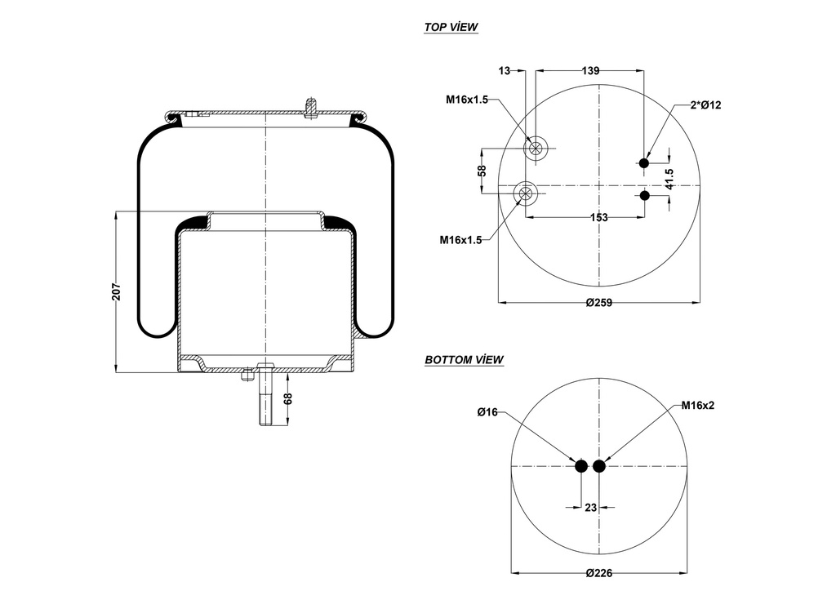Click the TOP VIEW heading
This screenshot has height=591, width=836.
coord(451,27)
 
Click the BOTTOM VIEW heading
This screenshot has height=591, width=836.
coord(464,359)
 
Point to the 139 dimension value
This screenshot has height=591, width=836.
coord(593,71)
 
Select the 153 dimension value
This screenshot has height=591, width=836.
coord(598,217)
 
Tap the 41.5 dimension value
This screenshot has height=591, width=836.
coord(669,180)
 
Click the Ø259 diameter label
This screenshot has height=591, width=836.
coord(599,303)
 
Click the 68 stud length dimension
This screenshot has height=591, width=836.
coord(287,399)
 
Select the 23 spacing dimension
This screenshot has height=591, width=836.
coord(591,507)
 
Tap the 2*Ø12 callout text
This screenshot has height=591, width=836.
coord(706,104)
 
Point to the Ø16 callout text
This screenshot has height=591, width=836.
coord(487,412)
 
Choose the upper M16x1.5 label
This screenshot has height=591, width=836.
coord(466,100)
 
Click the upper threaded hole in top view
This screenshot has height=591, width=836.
coord(535,148)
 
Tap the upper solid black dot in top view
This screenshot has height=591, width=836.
coord(644,164)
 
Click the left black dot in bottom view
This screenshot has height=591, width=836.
coord(581,466)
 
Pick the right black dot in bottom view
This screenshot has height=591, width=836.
coord(600,466)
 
